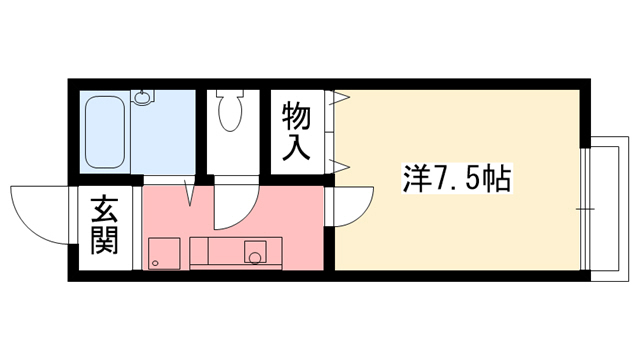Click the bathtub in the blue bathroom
[105, 131]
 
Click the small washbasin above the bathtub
[144, 98]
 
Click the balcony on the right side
[606, 205]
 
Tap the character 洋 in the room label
[415, 180]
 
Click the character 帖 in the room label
[496, 180]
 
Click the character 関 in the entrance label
[103, 241]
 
